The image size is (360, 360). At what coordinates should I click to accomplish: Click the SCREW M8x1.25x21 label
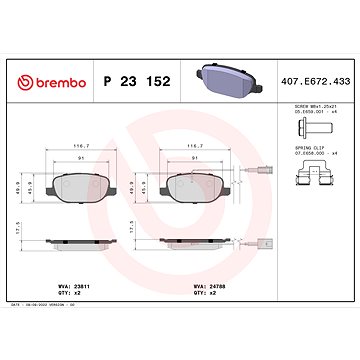tap(309, 108)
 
